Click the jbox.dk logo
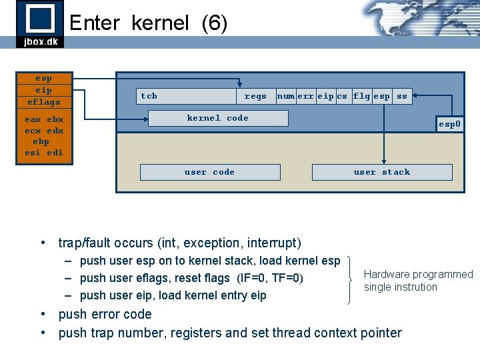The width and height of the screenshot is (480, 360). pyautogui.click(x=39, y=24)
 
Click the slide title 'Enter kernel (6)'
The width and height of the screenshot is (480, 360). pyautogui.click(x=148, y=23)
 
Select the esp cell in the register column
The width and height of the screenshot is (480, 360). pyautogui.click(x=43, y=78)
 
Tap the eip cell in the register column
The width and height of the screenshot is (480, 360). pyautogui.click(x=43, y=90)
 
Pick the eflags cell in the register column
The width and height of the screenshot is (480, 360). pyautogui.click(x=43, y=102)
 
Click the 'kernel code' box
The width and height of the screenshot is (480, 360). pyautogui.click(x=218, y=118)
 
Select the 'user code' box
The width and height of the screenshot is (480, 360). pyautogui.click(x=209, y=172)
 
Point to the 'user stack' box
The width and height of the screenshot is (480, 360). pyautogui.click(x=382, y=172)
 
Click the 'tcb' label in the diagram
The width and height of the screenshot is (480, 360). pyautogui.click(x=149, y=96)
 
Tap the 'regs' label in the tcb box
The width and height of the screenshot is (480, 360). pyautogui.click(x=255, y=96)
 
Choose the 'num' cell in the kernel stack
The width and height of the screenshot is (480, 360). pyautogui.click(x=286, y=96)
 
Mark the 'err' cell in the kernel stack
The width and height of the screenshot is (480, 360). pyautogui.click(x=306, y=96)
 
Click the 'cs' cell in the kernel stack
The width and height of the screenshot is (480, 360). pyautogui.click(x=342, y=96)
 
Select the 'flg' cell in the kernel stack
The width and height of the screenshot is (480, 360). pyautogui.click(x=361, y=96)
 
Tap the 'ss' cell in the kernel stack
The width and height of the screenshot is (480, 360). pyautogui.click(x=402, y=96)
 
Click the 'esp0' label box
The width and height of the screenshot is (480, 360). pyautogui.click(x=449, y=124)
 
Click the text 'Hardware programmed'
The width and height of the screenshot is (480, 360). pyautogui.click(x=418, y=274)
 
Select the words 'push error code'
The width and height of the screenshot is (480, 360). pyautogui.click(x=105, y=314)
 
